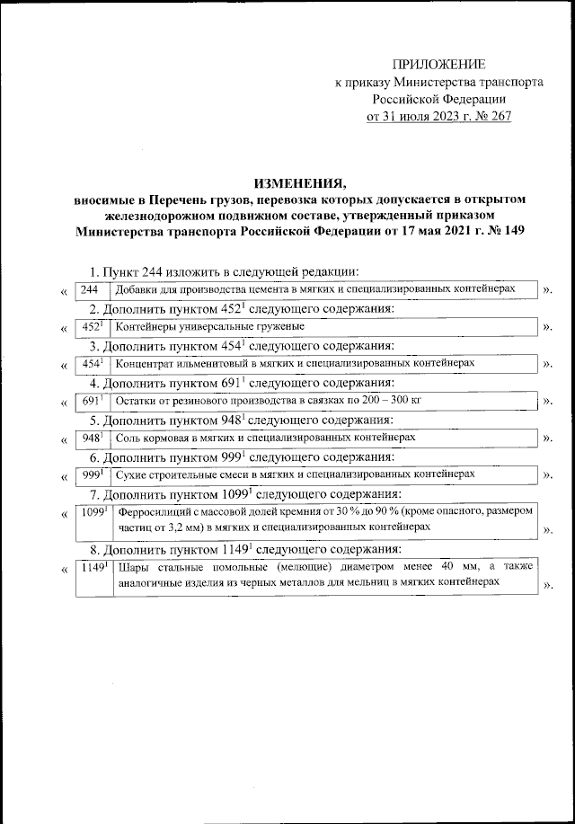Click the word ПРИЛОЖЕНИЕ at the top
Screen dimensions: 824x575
439,64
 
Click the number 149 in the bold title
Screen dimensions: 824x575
513,229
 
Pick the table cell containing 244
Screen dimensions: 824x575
89,288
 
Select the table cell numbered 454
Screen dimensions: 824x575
92,363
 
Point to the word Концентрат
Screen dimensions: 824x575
146,363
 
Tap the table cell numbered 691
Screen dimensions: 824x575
92,401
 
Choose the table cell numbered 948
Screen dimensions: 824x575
92,438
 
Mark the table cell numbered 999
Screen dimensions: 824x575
92,474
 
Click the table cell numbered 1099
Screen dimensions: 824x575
93,519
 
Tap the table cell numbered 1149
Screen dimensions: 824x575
93,575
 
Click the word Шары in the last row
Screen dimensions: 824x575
134,566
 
